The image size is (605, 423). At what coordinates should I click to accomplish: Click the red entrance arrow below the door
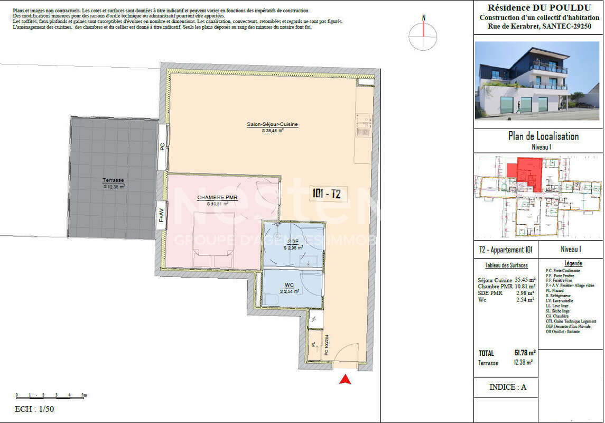point(346,379)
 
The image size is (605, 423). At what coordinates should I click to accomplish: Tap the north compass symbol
point(423,35)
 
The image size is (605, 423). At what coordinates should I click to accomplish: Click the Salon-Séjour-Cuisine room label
point(272,125)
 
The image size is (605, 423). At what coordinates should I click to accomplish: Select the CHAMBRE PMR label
point(217,198)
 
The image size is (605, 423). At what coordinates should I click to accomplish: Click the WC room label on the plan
point(290,286)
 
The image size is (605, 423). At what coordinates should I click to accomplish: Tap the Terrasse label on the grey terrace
point(113,181)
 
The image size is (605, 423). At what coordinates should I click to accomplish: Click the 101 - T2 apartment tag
point(326,195)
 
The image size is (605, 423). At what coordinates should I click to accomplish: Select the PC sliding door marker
point(162,148)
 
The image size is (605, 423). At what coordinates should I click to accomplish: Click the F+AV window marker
point(161,216)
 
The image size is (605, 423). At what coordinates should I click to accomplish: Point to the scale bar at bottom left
point(51,395)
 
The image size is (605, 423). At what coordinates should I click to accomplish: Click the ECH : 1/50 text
point(34,409)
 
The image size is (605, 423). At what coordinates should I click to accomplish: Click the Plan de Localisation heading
point(543,136)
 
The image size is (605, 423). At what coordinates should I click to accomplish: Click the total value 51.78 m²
point(524,353)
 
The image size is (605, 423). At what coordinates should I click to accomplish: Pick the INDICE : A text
point(507,387)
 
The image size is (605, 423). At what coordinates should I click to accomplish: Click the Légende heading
point(573,263)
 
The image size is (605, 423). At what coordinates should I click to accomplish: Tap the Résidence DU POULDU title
point(539,7)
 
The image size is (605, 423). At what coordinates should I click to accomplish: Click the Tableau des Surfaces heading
point(506,265)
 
